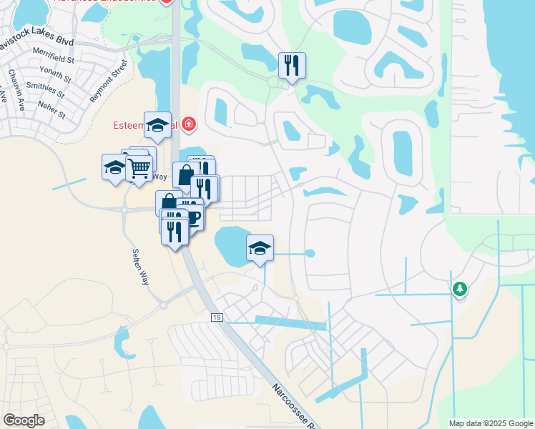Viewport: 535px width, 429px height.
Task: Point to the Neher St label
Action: pyautogui.click(x=51, y=109)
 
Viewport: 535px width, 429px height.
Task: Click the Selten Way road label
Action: pyautogui.click(x=140, y=266)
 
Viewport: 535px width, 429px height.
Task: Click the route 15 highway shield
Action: pyautogui.click(x=216, y=317)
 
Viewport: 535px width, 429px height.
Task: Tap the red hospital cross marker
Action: pyautogui.click(x=189, y=126)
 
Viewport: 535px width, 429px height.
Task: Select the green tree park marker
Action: pyautogui.click(x=460, y=289)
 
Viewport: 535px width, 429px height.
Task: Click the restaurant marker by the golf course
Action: pyautogui.click(x=292, y=66)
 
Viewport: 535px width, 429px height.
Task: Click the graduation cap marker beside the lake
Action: pyautogui.click(x=260, y=248)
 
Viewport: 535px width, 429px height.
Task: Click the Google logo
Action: pyautogui.click(x=24, y=420)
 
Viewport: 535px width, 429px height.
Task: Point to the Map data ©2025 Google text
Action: pyautogui.click(x=491, y=423)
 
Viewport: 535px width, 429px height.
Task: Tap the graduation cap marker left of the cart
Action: pyautogui.click(x=114, y=167)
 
